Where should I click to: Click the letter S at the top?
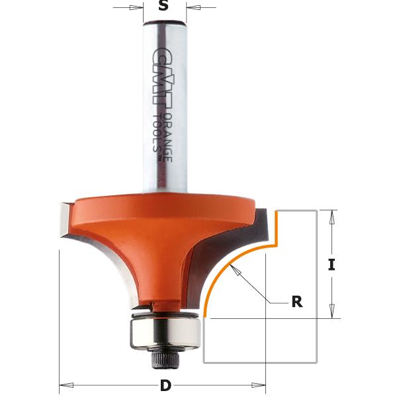point(165,7)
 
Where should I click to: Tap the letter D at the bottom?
point(163,385)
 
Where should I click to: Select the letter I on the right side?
point(331,265)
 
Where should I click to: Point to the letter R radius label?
point(296,302)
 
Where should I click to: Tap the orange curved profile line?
point(225,271)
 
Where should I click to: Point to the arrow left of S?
point(138,8)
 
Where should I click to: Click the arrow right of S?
point(193,8)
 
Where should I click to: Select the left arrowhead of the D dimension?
point(64,384)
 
